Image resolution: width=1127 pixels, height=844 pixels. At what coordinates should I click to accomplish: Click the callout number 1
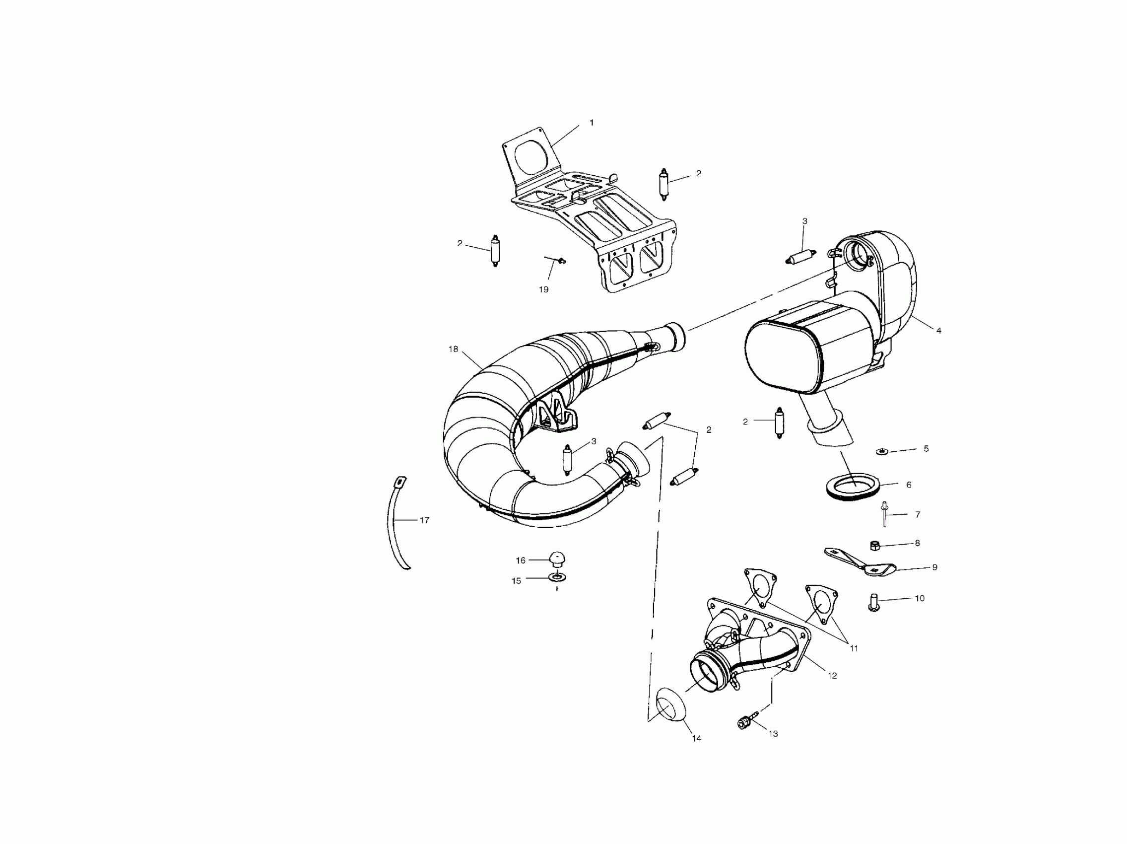[592, 123]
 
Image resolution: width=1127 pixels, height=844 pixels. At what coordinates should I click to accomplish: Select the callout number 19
[543, 289]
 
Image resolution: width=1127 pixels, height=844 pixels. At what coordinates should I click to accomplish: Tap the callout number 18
[453, 349]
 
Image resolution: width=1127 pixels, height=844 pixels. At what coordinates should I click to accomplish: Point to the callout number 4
[938, 331]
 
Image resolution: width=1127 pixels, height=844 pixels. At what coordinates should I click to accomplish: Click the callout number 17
[424, 520]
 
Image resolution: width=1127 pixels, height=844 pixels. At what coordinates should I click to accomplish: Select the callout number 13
[773, 734]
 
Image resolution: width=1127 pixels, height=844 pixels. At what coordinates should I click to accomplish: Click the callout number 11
[854, 649]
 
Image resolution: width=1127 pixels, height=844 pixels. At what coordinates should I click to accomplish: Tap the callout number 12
[832, 676]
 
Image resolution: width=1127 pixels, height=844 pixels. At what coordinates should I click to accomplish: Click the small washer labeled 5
[881, 451]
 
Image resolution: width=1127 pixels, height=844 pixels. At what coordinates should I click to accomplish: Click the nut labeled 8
[875, 546]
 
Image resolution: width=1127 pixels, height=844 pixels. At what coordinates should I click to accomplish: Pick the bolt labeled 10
[874, 605]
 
